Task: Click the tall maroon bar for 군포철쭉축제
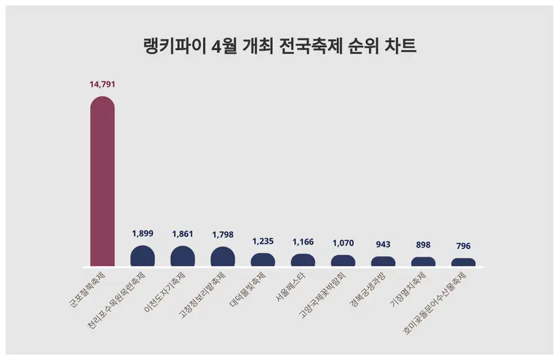[x=102, y=182]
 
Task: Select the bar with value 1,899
[x=143, y=257]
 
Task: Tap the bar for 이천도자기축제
[x=183, y=257]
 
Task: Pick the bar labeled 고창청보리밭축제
[x=223, y=257]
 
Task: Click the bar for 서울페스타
[x=303, y=260]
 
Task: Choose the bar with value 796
[x=464, y=263]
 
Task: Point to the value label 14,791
[x=103, y=84]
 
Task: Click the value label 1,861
[x=183, y=234]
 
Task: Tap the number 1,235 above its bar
[x=263, y=241]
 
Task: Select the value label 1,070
[x=344, y=243]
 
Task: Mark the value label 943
[x=384, y=244]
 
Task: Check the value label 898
[x=424, y=245]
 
